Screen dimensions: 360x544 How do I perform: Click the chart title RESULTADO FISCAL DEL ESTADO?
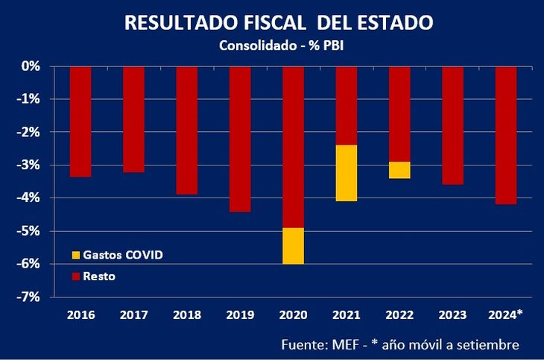pos(277,22)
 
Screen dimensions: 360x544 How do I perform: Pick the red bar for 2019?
pos(240,139)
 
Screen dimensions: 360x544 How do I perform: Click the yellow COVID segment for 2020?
pos(293,246)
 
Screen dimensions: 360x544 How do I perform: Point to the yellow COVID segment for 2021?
pos(347,173)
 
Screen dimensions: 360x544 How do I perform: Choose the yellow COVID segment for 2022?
pos(399,170)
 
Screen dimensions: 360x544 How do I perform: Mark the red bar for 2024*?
pos(506,135)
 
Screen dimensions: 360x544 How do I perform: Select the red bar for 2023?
pos(453,125)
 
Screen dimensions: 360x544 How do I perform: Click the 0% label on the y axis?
pos(31,66)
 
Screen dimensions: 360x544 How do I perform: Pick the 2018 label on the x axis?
pos(186,315)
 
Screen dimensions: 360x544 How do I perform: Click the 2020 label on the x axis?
pos(293,315)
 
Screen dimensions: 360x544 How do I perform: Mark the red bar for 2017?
pos(133,119)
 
